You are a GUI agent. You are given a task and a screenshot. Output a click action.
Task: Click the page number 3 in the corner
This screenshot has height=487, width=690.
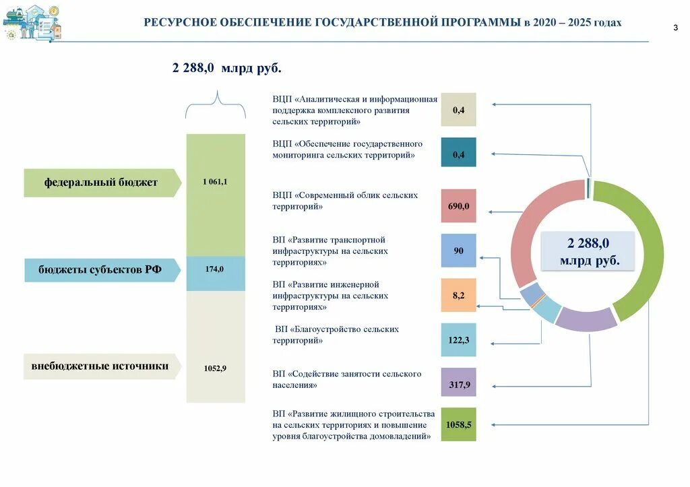pyautogui.click(x=675, y=27)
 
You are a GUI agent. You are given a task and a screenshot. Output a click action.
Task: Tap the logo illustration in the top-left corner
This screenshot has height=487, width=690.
pyautogui.click(x=32, y=23)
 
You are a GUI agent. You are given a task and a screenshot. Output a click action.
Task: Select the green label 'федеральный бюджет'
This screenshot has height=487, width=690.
pyautogui.click(x=101, y=183)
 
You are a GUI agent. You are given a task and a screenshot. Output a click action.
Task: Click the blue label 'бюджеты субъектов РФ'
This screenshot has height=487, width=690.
pyautogui.click(x=101, y=269)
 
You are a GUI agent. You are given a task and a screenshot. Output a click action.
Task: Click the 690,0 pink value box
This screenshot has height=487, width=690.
pyautogui.click(x=458, y=206)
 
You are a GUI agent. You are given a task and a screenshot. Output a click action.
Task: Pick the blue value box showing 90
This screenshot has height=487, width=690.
pyautogui.click(x=458, y=251)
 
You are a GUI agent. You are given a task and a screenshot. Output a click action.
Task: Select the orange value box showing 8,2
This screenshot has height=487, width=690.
pyautogui.click(x=458, y=295)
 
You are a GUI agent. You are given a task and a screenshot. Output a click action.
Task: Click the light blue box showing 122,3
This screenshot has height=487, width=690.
pyautogui.click(x=458, y=340)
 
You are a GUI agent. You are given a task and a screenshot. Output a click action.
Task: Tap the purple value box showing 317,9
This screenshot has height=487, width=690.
pyautogui.click(x=458, y=385)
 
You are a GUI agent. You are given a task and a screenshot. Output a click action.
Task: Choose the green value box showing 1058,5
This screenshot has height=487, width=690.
pyautogui.click(x=458, y=424)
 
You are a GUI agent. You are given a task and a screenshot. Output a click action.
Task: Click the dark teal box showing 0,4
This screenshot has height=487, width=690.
pyautogui.click(x=458, y=154)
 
